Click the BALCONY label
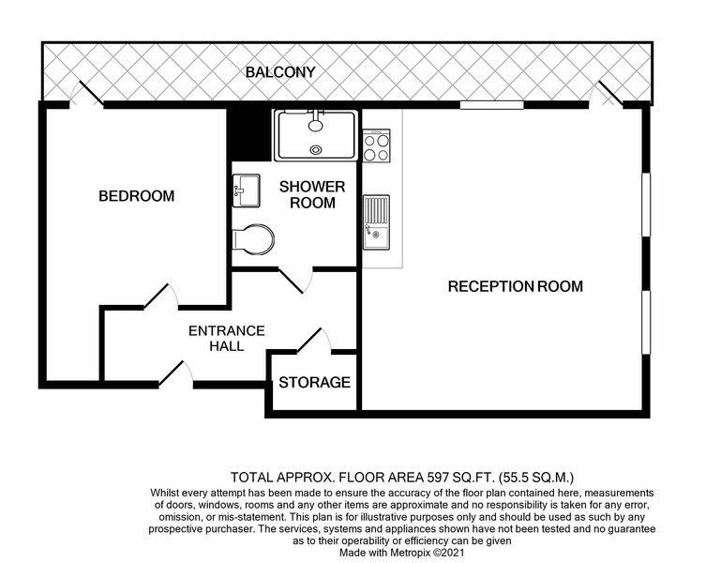click(280, 72)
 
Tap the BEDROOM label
click(137, 196)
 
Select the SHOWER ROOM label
click(312, 195)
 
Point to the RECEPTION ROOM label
click(515, 286)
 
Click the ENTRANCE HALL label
click(227, 339)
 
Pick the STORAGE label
click(314, 383)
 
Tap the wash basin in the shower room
click(246, 190)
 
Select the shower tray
click(316, 135)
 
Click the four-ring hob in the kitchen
click(377, 145)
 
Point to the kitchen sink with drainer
click(376, 222)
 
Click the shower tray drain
click(316, 149)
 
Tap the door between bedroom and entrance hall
click(160, 297)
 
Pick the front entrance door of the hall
click(176, 374)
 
